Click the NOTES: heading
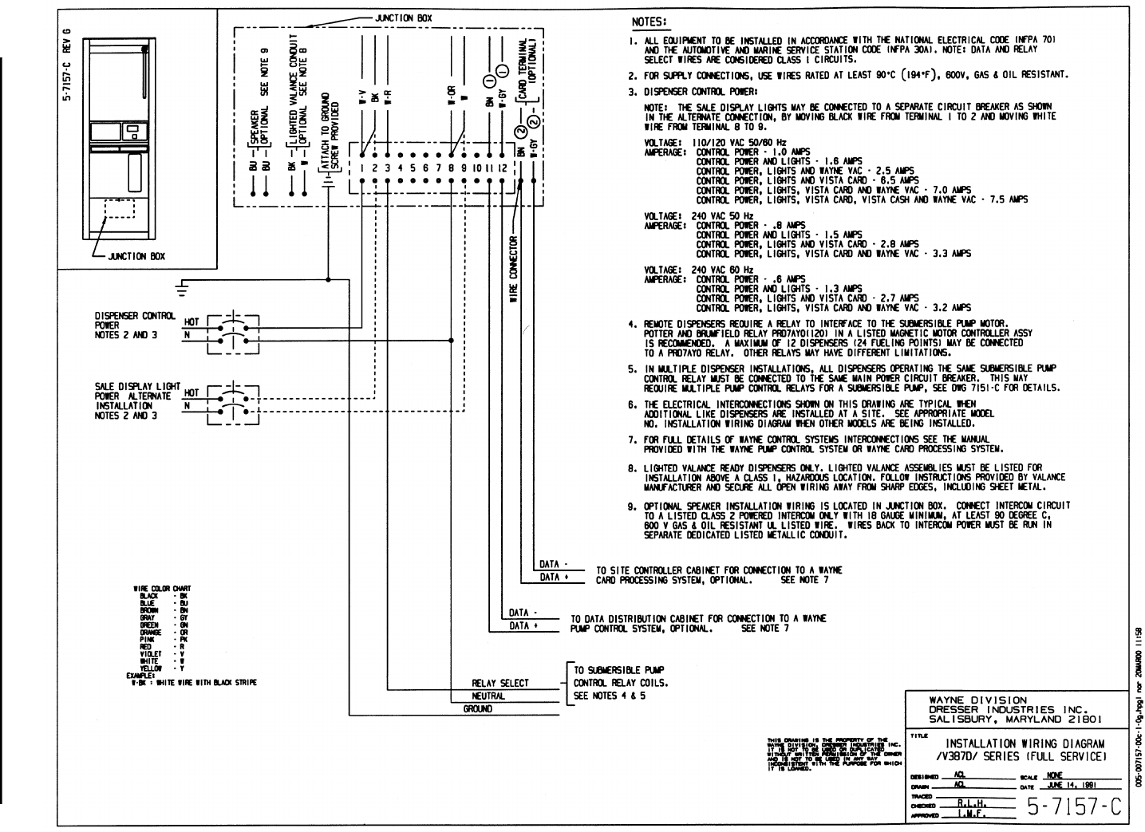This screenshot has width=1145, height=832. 649,22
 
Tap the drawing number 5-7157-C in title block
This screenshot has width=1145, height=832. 1074,807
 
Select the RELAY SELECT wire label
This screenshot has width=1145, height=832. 500,684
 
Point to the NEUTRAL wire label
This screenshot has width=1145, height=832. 488,696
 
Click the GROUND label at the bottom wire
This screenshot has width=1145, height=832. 478,709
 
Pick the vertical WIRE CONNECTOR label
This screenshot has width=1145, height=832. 514,269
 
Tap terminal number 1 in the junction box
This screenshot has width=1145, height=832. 361,168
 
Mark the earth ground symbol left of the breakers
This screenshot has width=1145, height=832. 183,285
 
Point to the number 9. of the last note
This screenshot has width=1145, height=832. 630,506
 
